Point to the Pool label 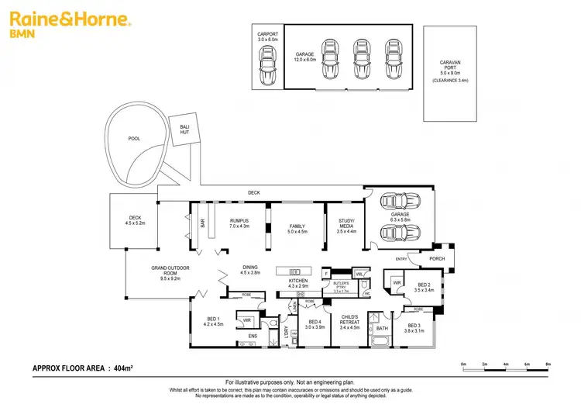click(134, 139)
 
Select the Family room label click(297, 228)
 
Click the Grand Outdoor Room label click(170, 272)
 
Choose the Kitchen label click(299, 283)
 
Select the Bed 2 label click(424, 288)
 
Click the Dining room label click(249, 269)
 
